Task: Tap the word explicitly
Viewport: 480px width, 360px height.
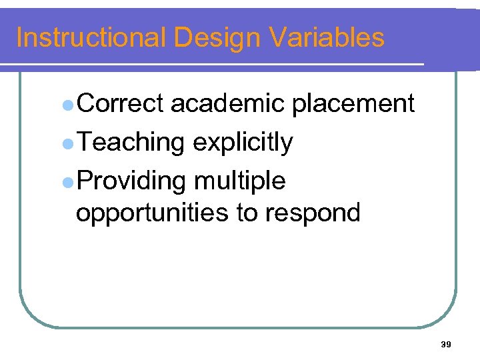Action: click(242, 143)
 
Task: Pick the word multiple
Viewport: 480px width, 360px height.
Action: click(240, 181)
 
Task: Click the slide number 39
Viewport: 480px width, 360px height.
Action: click(446, 344)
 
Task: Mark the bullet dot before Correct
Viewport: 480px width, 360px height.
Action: click(67, 105)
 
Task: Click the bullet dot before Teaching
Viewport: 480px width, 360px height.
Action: click(67, 143)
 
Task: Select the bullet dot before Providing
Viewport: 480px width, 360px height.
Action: click(67, 181)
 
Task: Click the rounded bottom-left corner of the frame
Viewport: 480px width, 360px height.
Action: click(30, 316)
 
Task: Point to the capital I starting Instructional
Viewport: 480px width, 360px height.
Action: click(19, 37)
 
